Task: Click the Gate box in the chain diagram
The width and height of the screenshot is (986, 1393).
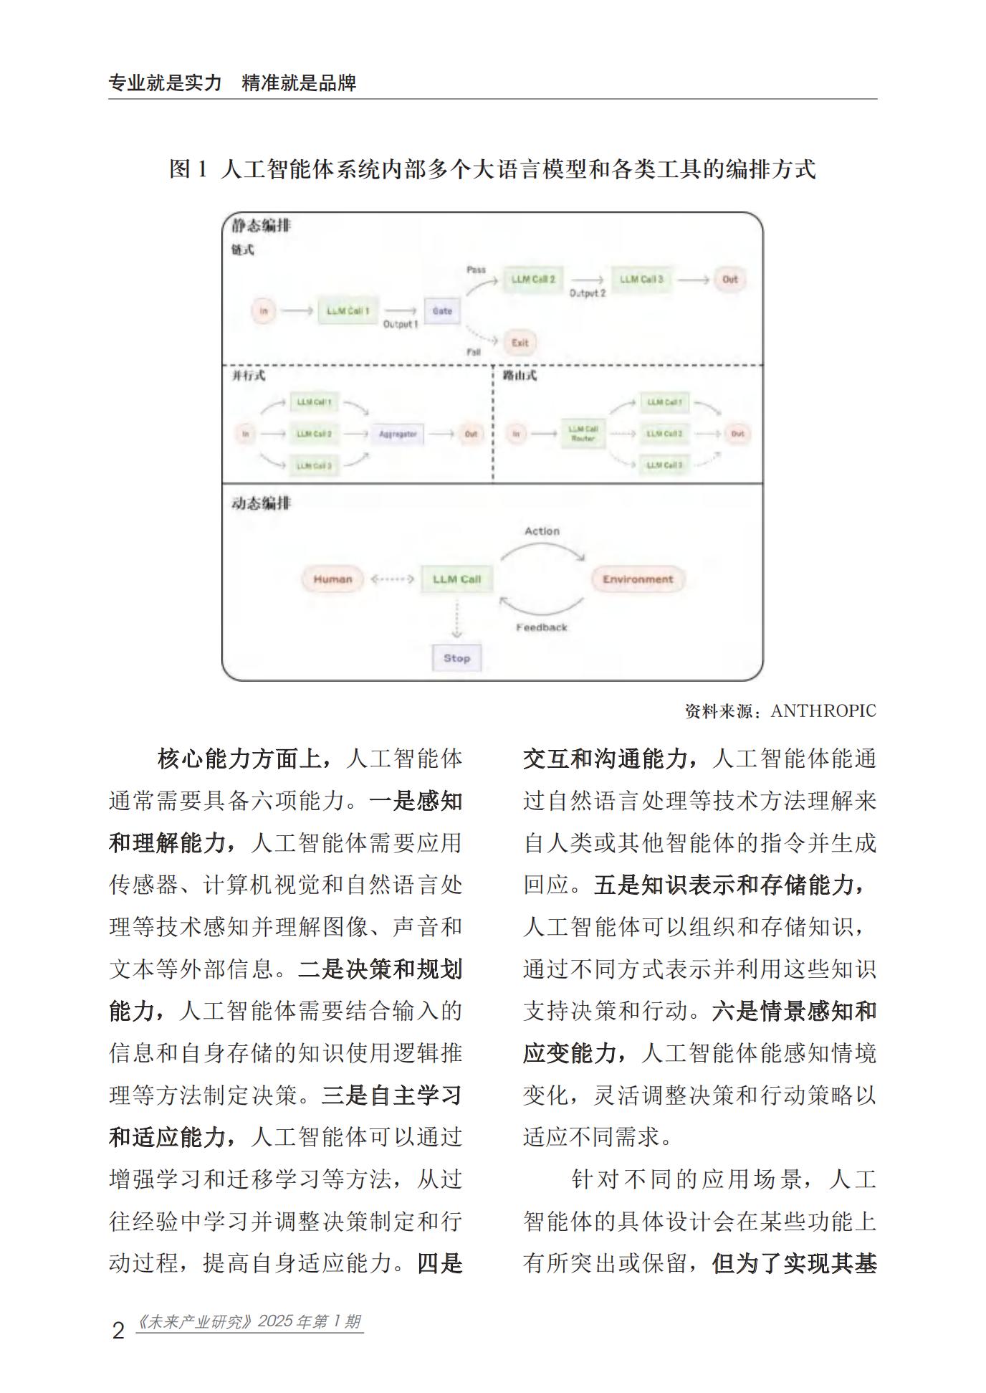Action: tap(441, 311)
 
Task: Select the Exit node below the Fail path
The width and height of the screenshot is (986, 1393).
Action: tap(520, 343)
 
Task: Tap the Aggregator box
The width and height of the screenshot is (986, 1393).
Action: tap(398, 434)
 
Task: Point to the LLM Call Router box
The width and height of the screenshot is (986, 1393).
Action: tap(583, 434)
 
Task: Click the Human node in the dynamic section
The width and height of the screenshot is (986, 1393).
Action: tap(332, 579)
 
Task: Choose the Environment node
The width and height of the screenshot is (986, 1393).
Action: tap(637, 579)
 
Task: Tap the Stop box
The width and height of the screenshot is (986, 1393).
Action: tap(456, 658)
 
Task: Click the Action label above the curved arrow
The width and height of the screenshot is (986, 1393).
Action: tap(542, 531)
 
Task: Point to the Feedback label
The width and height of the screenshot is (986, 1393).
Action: tap(542, 627)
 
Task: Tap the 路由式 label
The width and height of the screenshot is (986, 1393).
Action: tap(520, 376)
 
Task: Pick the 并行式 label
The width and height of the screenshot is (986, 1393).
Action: tap(248, 376)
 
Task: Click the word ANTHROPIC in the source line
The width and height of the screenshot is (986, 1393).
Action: tap(823, 711)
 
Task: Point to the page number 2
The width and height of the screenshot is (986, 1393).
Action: tap(118, 1331)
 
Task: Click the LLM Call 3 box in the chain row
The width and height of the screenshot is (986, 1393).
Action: tap(641, 280)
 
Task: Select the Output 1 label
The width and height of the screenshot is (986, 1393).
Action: tap(401, 325)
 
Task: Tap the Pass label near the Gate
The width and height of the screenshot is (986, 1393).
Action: tap(476, 270)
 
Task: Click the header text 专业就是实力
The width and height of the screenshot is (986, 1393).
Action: tap(166, 83)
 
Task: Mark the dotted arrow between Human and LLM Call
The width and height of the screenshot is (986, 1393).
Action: tap(392, 579)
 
